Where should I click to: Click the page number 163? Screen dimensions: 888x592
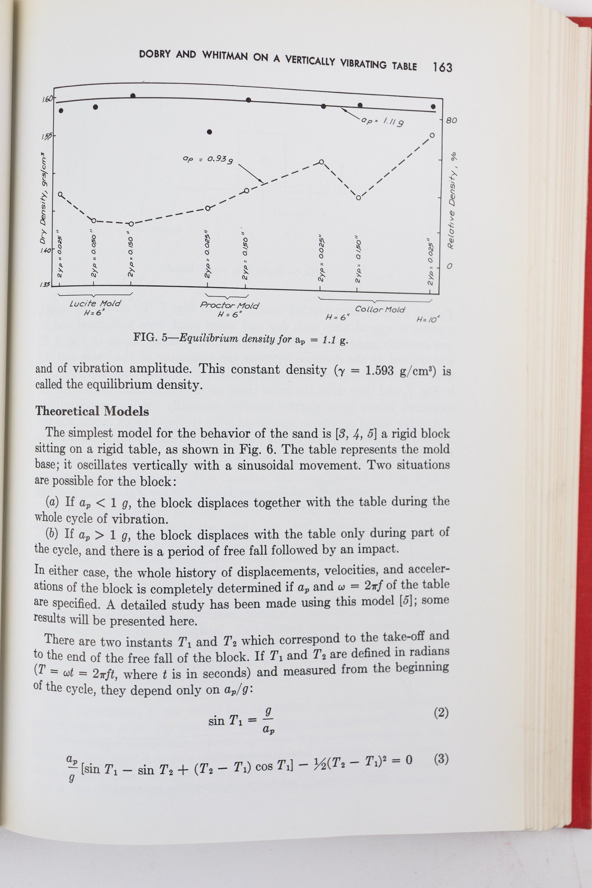pos(442,67)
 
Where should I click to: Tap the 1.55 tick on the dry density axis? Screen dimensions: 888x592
pos(46,136)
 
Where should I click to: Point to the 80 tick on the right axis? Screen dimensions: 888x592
pos(451,120)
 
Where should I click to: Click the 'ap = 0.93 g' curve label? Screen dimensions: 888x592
pos(208,160)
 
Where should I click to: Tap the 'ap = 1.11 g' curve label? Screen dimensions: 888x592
pos(383,121)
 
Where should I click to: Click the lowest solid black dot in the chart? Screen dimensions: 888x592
pos(209,132)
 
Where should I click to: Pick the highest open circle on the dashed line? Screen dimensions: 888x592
pos(432,135)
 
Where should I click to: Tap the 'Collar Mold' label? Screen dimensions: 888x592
pos(380,310)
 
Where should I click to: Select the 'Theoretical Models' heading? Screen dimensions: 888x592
pos(92,411)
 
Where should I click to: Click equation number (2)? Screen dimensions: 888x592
pos(441,712)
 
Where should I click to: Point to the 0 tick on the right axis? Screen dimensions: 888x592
pos(449,266)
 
